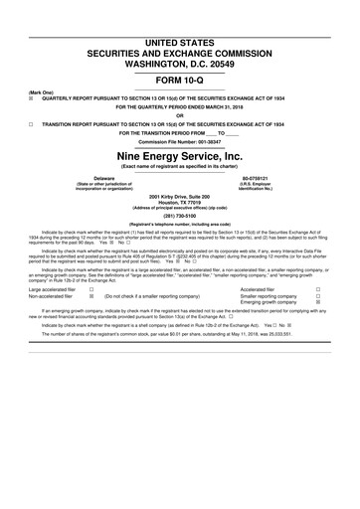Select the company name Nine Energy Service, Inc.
pyautogui.click(x=179, y=157)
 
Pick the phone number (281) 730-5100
pyautogui.click(x=179, y=223)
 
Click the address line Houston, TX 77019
pyautogui.click(x=179, y=203)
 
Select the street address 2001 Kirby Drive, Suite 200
pyautogui.click(x=179, y=197)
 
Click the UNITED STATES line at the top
pyautogui.click(x=179, y=9)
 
